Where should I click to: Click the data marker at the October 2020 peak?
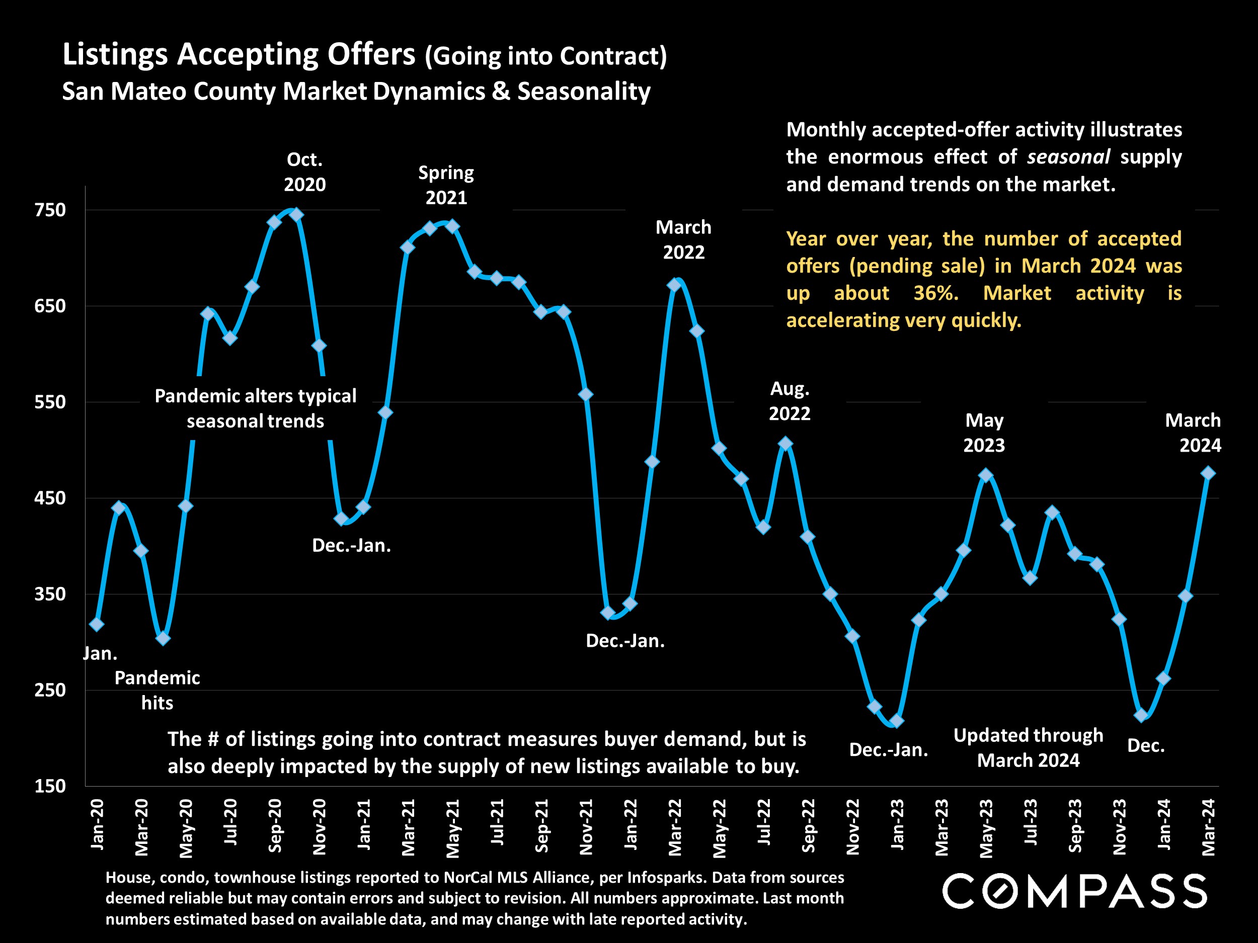pos(296,215)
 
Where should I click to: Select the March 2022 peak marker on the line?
pos(674,285)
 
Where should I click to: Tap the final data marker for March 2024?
pos(1208,473)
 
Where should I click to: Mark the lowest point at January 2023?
pos(896,721)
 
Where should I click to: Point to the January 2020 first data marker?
pos(97,624)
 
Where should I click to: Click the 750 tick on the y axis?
pos(51,210)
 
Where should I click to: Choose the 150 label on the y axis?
pos(51,786)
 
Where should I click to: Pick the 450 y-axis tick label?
pos(51,498)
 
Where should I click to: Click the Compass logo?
pos(1074,891)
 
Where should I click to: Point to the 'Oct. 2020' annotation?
pos(305,172)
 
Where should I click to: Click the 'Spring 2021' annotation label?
pos(446,185)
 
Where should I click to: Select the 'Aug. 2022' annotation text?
pos(790,401)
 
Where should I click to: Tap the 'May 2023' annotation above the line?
pos(984,433)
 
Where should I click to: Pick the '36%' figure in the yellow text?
pos(935,293)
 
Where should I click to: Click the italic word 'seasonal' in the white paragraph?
pos(1068,157)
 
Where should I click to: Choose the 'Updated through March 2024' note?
pos(1028,747)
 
